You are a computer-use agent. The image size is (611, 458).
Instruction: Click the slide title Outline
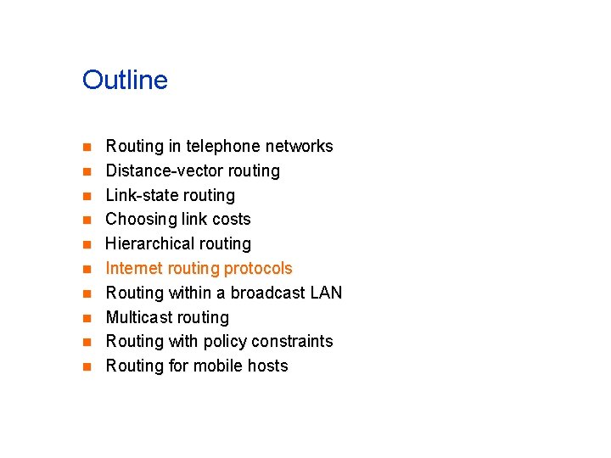(x=125, y=81)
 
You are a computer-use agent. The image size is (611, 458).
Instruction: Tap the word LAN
(x=326, y=293)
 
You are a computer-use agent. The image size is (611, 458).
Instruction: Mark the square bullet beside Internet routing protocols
(x=86, y=270)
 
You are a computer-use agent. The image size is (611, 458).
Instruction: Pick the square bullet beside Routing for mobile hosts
(x=86, y=367)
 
